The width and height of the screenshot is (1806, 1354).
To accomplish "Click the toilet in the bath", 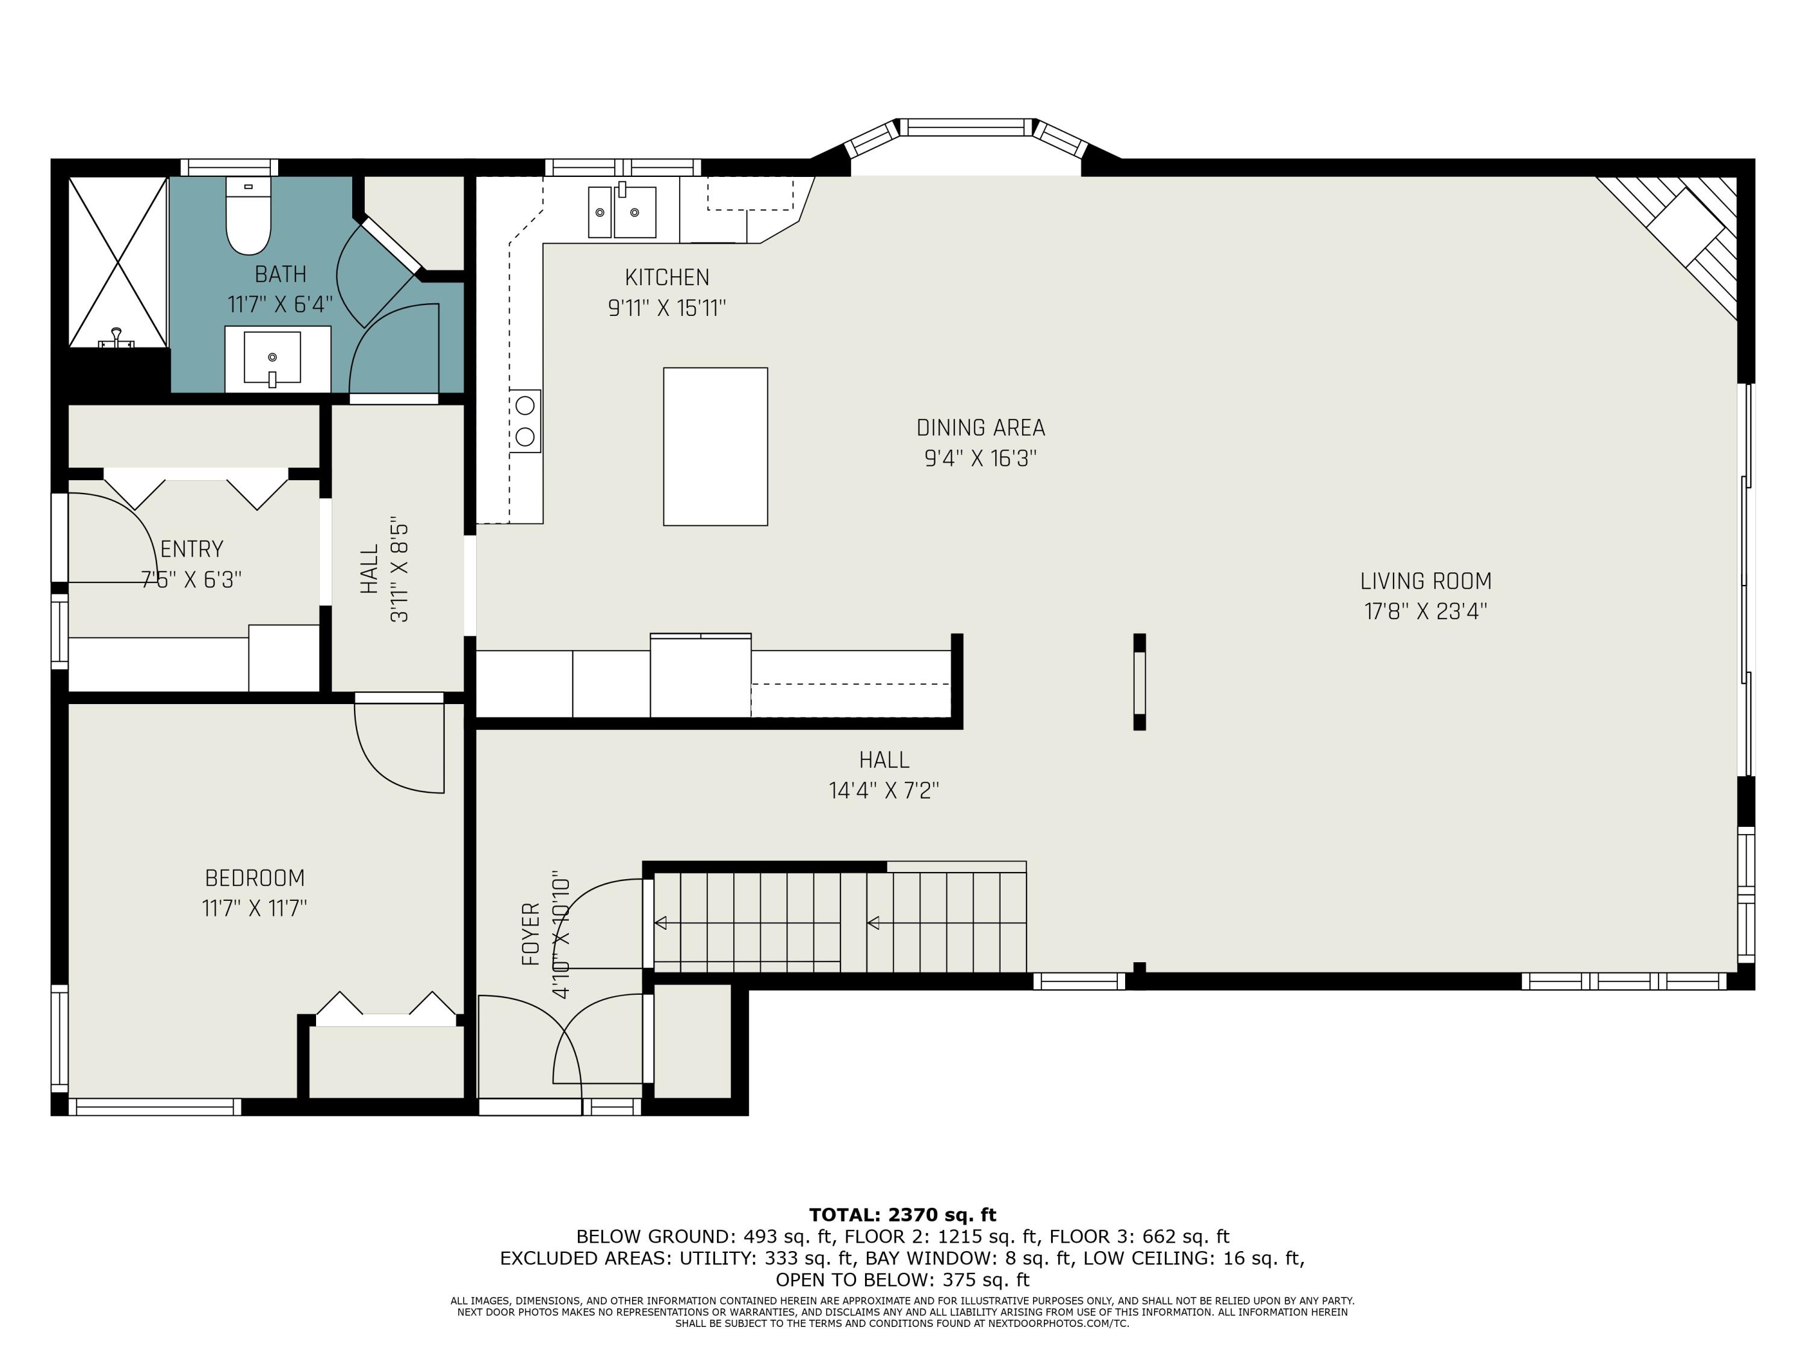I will click(x=248, y=218).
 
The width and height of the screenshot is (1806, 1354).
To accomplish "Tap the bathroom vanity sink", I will click(x=273, y=357).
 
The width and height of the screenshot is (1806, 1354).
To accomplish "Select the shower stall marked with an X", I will click(x=119, y=261).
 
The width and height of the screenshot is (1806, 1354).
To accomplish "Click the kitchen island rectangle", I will click(x=715, y=447).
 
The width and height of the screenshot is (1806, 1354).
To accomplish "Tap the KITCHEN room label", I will click(x=667, y=277).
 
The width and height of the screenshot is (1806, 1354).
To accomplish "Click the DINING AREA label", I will click(x=981, y=428).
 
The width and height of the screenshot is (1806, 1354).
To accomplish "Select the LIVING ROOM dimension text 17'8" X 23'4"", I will click(x=1426, y=611).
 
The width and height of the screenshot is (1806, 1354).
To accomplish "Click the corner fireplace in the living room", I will click(x=1686, y=236).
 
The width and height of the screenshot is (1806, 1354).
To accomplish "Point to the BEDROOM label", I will click(x=255, y=878).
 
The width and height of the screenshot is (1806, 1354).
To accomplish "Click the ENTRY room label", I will click(x=192, y=549).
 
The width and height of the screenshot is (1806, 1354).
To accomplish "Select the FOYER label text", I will click(x=531, y=934).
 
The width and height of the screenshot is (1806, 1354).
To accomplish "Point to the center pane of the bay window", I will click(x=965, y=128).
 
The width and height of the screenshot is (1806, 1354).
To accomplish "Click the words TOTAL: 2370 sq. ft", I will click(x=902, y=1214).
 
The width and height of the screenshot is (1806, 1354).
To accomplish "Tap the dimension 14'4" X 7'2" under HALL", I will click(x=884, y=791).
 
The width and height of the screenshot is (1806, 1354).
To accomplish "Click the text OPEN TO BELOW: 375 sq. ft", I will click(x=902, y=1280).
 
